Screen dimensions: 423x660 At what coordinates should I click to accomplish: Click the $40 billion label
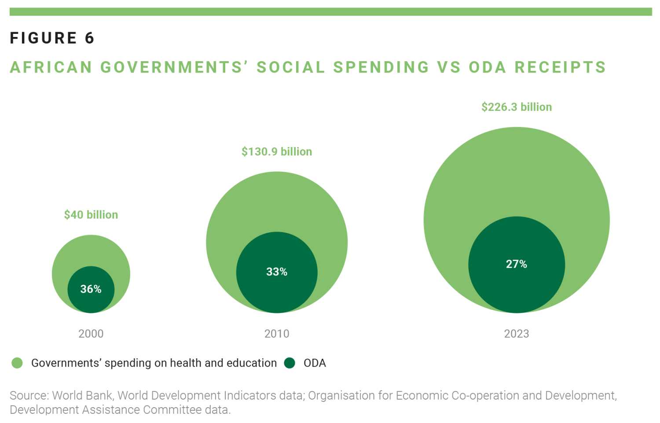(x=91, y=215)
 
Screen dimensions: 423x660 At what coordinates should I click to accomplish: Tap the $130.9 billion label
(x=277, y=152)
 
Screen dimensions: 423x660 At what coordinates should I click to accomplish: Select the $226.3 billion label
(x=517, y=107)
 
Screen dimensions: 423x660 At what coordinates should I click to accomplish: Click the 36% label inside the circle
(x=91, y=289)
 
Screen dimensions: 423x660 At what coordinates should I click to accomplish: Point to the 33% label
(x=277, y=272)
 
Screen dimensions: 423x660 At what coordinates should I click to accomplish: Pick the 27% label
(x=517, y=264)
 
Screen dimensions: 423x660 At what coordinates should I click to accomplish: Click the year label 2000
(x=91, y=334)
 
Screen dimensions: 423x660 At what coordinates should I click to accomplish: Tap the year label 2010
(x=277, y=334)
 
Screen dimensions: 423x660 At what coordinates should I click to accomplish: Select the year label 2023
(x=517, y=334)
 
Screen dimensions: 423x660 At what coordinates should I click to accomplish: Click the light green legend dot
(x=17, y=363)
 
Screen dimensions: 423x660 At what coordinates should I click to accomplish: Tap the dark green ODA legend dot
(x=290, y=363)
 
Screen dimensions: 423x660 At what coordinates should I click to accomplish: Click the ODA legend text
(x=315, y=363)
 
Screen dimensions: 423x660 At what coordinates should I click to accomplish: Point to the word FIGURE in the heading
(x=44, y=38)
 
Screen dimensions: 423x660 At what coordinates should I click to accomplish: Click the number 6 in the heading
(x=90, y=38)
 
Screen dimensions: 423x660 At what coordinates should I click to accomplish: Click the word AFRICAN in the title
(x=51, y=67)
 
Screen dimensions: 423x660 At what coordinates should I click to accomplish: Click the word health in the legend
(x=186, y=363)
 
